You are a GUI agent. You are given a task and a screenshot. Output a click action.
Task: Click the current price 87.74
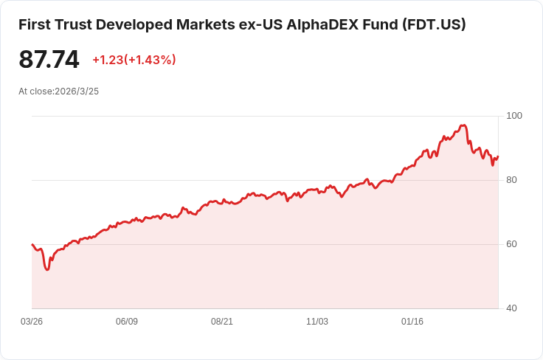click(x=49, y=60)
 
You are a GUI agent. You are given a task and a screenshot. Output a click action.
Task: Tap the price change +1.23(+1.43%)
click(x=134, y=60)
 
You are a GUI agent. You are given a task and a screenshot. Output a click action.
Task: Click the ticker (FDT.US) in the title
click(x=434, y=24)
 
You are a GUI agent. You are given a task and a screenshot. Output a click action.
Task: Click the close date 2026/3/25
click(x=77, y=91)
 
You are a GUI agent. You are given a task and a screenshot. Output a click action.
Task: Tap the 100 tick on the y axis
click(x=514, y=116)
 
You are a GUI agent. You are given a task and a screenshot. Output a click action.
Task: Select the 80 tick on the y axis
click(x=511, y=180)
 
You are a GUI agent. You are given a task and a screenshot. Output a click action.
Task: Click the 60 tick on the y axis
click(x=511, y=244)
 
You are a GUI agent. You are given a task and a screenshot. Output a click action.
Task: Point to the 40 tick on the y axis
click(x=511, y=308)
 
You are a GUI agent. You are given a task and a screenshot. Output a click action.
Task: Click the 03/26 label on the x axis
click(x=32, y=322)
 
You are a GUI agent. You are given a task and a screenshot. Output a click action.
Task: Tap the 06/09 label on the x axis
click(x=127, y=322)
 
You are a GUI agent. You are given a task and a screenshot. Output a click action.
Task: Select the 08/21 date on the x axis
click(x=222, y=322)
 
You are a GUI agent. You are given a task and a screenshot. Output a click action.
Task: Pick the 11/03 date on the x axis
click(x=317, y=322)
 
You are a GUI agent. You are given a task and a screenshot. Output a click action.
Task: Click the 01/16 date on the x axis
click(x=412, y=322)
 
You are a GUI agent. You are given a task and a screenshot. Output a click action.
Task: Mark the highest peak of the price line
click(x=464, y=125)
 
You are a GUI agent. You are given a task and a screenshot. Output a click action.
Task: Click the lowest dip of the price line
click(x=47, y=269)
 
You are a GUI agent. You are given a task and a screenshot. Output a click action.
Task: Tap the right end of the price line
click(x=498, y=156)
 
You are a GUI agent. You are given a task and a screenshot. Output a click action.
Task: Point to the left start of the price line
click(x=32, y=244)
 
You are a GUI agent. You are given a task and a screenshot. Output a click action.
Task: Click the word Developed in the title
click(x=137, y=24)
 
